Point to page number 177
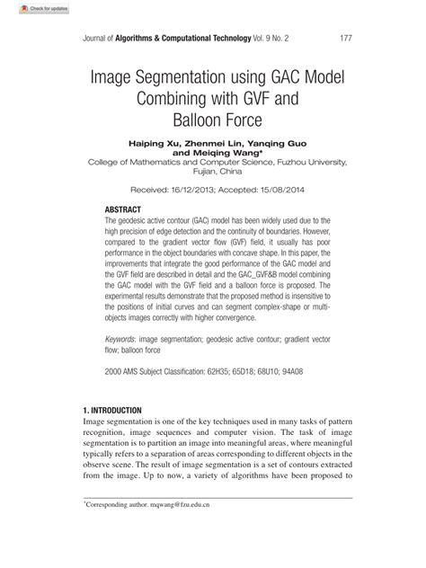tap(344, 39)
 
